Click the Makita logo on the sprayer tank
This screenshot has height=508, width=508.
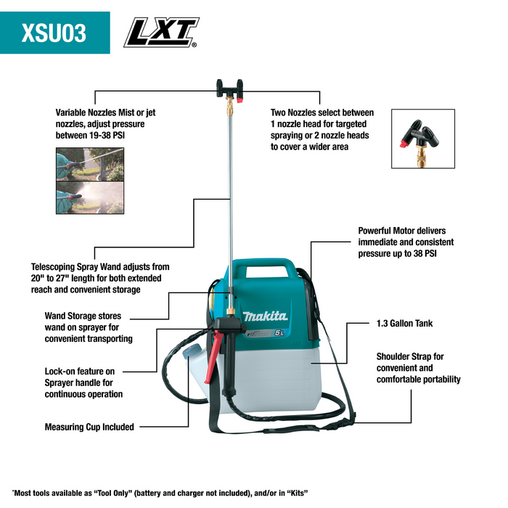266,317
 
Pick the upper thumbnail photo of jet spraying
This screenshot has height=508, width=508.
82,165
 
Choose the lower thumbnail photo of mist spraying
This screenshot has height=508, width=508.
82,197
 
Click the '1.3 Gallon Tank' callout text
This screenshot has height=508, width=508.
404,323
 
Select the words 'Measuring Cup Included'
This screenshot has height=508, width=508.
89,427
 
